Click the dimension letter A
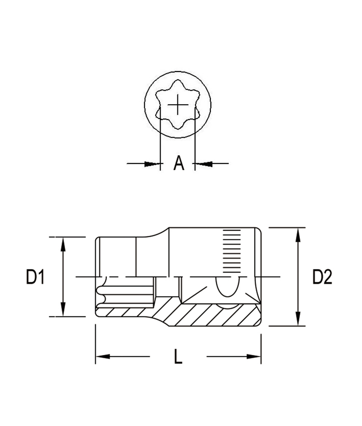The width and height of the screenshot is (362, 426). [x=179, y=163]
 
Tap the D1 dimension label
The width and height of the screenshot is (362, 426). [x=35, y=277]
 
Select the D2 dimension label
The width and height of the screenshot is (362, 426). [x=322, y=277]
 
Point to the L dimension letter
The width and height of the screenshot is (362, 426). [x=178, y=356]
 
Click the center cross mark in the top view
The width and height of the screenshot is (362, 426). [x=178, y=105]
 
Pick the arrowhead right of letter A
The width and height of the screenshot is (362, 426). [x=204, y=164]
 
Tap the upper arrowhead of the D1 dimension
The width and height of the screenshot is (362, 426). [x=63, y=244]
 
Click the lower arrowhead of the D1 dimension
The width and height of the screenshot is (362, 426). [x=63, y=309]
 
